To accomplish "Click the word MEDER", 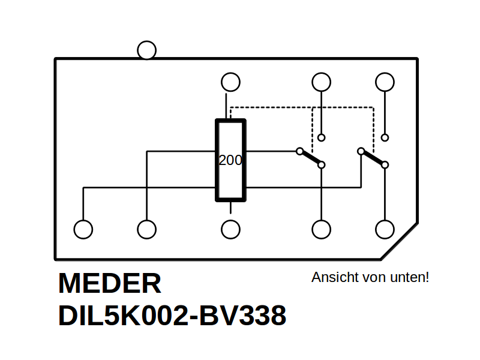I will [110, 283].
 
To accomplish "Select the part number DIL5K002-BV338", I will [172, 316].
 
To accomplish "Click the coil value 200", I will [230, 160].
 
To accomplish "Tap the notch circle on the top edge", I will [146, 50].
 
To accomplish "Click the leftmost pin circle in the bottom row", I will [83, 229].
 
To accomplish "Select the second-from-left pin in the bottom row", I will [146, 229].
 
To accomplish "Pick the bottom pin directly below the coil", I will [230, 229].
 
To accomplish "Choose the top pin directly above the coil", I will [230, 82].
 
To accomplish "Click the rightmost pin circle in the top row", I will [385, 82].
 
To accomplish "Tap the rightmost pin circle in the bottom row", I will [385, 229].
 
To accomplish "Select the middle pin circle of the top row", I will [321, 82].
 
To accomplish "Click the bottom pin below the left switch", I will [321, 229].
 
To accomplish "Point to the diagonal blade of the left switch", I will [310, 158].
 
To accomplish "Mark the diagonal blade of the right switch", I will [373, 158].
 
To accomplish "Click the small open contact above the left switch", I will [321, 137].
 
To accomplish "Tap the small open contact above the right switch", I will [385, 137].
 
